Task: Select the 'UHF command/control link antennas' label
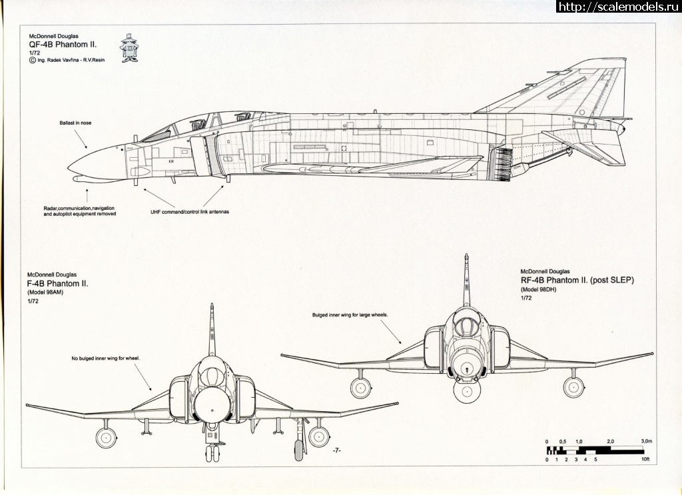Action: (x=190, y=211)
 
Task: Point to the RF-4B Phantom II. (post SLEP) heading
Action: (x=577, y=280)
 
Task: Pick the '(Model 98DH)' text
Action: (x=537, y=290)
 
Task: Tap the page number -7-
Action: (x=336, y=451)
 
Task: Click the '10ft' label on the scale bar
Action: (x=645, y=460)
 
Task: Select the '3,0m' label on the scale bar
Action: (x=645, y=442)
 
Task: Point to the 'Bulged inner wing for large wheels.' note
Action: (x=350, y=314)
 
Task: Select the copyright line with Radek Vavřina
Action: (x=67, y=59)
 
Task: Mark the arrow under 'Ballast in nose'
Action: (x=79, y=139)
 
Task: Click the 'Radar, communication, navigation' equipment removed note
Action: (x=79, y=211)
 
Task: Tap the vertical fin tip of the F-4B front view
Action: (x=212, y=306)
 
